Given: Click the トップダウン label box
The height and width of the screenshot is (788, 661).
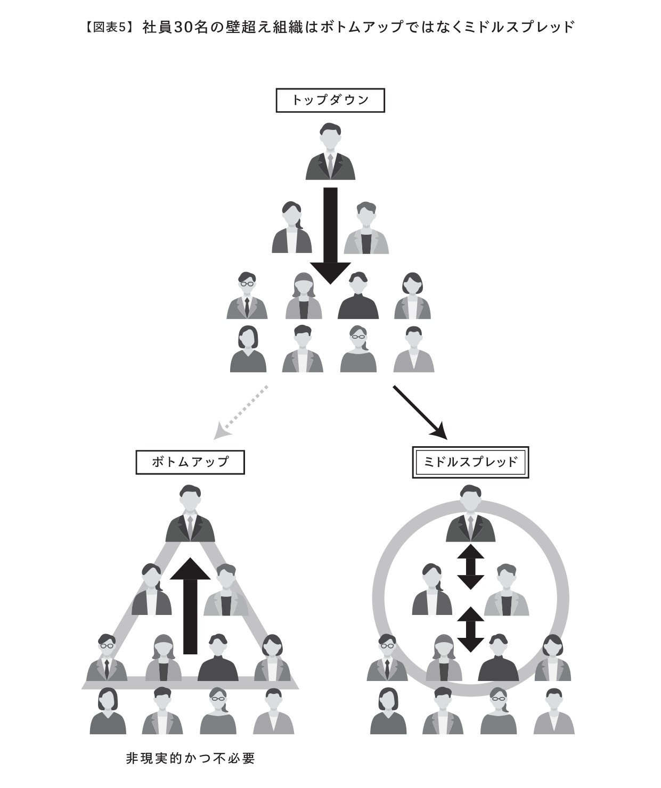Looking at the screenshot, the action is [x=330, y=101].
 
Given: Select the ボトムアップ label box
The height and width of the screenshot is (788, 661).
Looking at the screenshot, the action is [x=190, y=462].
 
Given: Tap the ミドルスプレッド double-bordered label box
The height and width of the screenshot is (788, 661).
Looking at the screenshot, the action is [x=470, y=462].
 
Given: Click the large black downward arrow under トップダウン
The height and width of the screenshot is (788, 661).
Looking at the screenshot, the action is [x=330, y=235].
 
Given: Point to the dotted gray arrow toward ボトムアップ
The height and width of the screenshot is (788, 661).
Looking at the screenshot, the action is [x=241, y=413].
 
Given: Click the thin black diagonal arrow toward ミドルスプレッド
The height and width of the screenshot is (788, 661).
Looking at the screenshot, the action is [x=420, y=413].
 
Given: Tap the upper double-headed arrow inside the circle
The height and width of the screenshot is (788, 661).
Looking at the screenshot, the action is [x=470, y=567].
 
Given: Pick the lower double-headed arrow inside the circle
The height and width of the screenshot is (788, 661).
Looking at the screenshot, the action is [x=470, y=629].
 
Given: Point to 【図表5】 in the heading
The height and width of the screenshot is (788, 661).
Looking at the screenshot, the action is [x=109, y=27].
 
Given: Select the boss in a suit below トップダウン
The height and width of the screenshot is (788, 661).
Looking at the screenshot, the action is [x=330, y=151].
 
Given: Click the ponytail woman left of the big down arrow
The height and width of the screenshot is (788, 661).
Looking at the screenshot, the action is [x=292, y=227].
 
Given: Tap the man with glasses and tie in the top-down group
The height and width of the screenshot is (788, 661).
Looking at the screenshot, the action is [x=247, y=295].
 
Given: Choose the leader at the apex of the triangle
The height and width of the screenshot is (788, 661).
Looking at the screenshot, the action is [x=190, y=513].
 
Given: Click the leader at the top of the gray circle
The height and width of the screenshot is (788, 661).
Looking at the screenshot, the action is [x=470, y=513].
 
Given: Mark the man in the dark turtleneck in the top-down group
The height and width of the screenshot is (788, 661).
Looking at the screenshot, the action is [x=358, y=295].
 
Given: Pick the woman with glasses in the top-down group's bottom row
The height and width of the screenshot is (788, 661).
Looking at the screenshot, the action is [x=358, y=349].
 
